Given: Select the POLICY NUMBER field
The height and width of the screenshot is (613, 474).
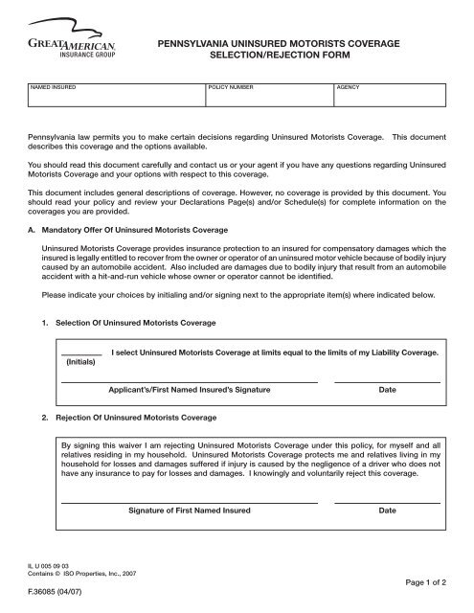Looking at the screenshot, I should (268, 99).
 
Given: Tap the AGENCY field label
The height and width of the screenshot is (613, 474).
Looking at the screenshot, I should (347, 86).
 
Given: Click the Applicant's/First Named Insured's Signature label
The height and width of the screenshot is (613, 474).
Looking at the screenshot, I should (190, 391).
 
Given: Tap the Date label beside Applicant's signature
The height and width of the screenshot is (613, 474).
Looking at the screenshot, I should (387, 391).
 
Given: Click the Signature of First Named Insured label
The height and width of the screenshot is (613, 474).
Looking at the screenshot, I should (190, 511).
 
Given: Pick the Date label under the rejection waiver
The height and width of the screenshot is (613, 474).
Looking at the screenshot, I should (387, 511).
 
